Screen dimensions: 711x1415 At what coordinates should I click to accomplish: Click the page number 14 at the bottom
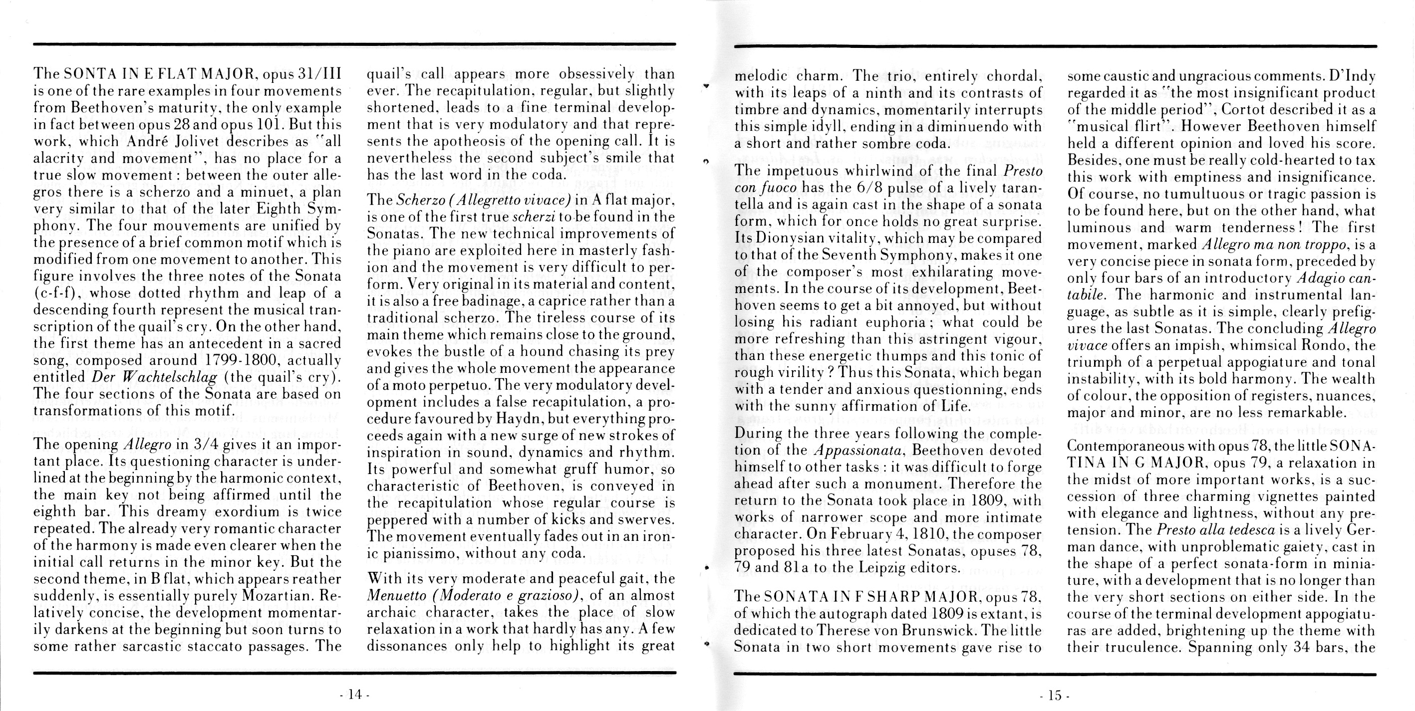tap(355, 695)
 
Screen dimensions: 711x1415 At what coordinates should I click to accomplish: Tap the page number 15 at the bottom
tap(1055, 695)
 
